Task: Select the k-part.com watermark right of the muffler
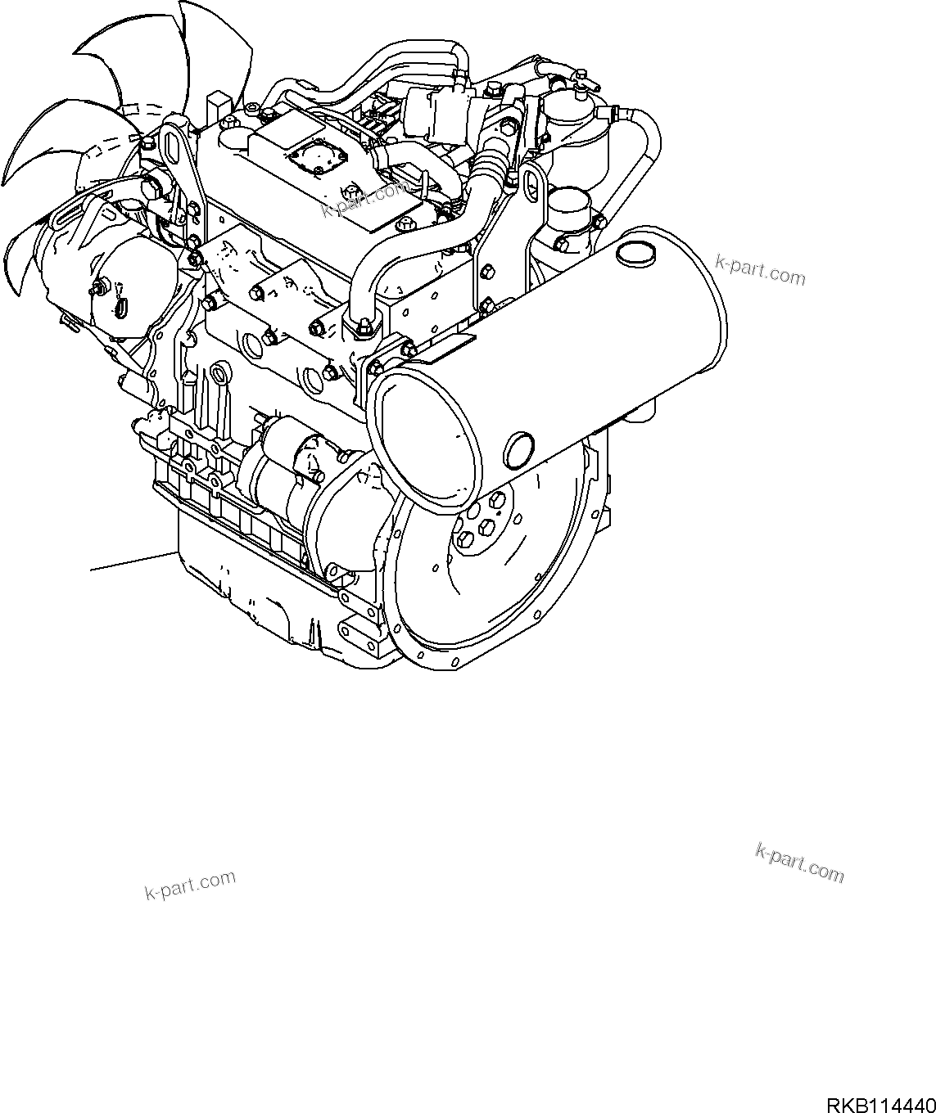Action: [760, 269]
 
